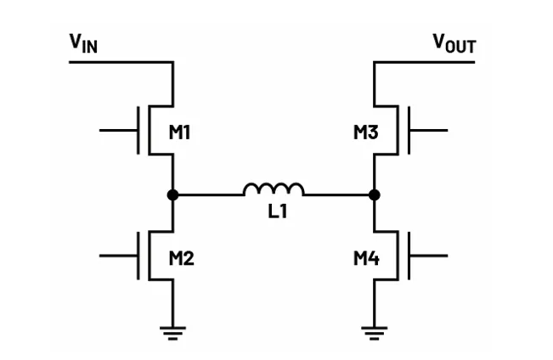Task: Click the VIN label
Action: pyautogui.click(x=83, y=42)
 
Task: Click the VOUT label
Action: pyautogui.click(x=454, y=42)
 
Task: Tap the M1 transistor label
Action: pyautogui.click(x=180, y=132)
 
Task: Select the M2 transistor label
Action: pyautogui.click(x=180, y=257)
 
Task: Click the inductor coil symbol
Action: pyautogui.click(x=274, y=189)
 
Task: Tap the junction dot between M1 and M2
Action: pyautogui.click(x=172, y=194)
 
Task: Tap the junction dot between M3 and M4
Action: pyautogui.click(x=375, y=194)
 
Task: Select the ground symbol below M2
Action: pyautogui.click(x=172, y=332)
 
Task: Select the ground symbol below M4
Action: pyautogui.click(x=375, y=332)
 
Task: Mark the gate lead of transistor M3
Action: pyautogui.click(x=429, y=131)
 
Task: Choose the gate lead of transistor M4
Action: pyautogui.click(x=429, y=256)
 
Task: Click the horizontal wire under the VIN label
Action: pyautogui.click(x=119, y=62)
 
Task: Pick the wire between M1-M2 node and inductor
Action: pyautogui.click(x=208, y=194)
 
